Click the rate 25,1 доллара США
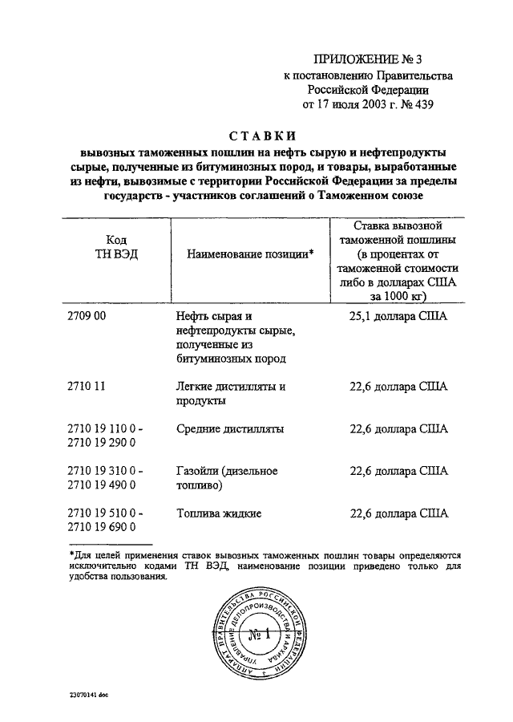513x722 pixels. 398,316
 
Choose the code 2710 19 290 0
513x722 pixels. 103,443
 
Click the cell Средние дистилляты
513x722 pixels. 230,428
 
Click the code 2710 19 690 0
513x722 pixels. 103,527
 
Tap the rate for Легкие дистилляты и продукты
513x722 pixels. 398,386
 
